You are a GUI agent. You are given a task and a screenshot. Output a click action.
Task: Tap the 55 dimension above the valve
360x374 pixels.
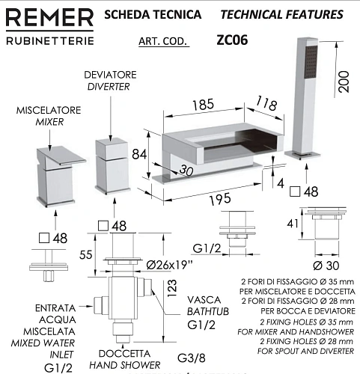(x=86, y=254)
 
